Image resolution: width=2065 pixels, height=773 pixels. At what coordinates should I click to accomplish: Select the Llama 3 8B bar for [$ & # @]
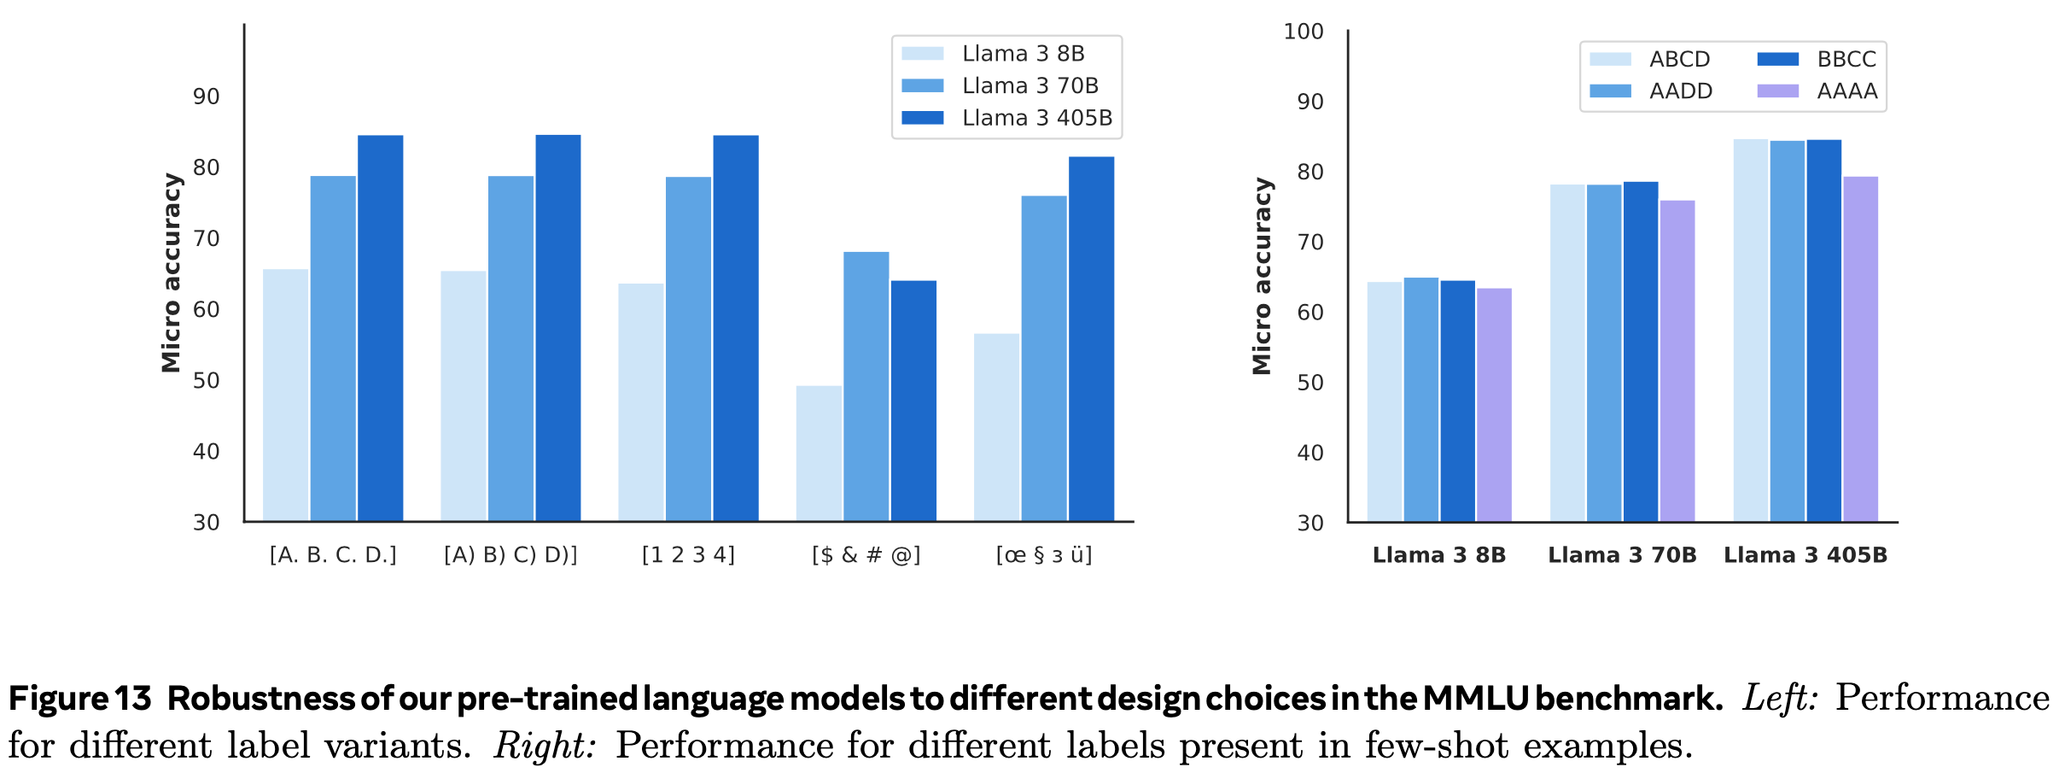[819, 453]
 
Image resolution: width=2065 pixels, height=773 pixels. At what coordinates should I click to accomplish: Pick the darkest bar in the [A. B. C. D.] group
[380, 328]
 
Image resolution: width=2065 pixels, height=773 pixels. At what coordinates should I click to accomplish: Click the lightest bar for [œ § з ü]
[996, 427]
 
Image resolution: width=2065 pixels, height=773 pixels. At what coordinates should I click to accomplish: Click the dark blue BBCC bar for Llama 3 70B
[1641, 351]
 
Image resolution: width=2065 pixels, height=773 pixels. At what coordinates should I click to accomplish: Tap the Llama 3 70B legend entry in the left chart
[1030, 85]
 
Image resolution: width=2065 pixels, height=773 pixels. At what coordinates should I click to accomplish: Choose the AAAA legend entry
[1846, 91]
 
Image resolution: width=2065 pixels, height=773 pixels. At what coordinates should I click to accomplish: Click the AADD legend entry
[1680, 91]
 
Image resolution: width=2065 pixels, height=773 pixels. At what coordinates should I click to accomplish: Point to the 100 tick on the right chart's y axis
[1304, 32]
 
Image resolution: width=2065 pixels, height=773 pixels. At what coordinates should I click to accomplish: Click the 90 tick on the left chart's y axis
[207, 97]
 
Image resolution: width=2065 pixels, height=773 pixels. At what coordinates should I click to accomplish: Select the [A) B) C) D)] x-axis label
[510, 555]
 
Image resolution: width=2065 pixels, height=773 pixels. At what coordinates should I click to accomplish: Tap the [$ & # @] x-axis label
[866, 555]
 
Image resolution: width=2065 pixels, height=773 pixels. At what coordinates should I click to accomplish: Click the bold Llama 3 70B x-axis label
[1622, 555]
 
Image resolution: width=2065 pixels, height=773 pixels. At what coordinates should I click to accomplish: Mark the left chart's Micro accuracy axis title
[172, 273]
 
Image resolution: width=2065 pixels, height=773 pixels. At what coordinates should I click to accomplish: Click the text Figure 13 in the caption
[79, 699]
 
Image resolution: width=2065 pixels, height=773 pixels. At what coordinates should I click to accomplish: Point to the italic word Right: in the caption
[544, 746]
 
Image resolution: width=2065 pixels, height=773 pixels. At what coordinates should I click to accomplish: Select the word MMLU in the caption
[1475, 699]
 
